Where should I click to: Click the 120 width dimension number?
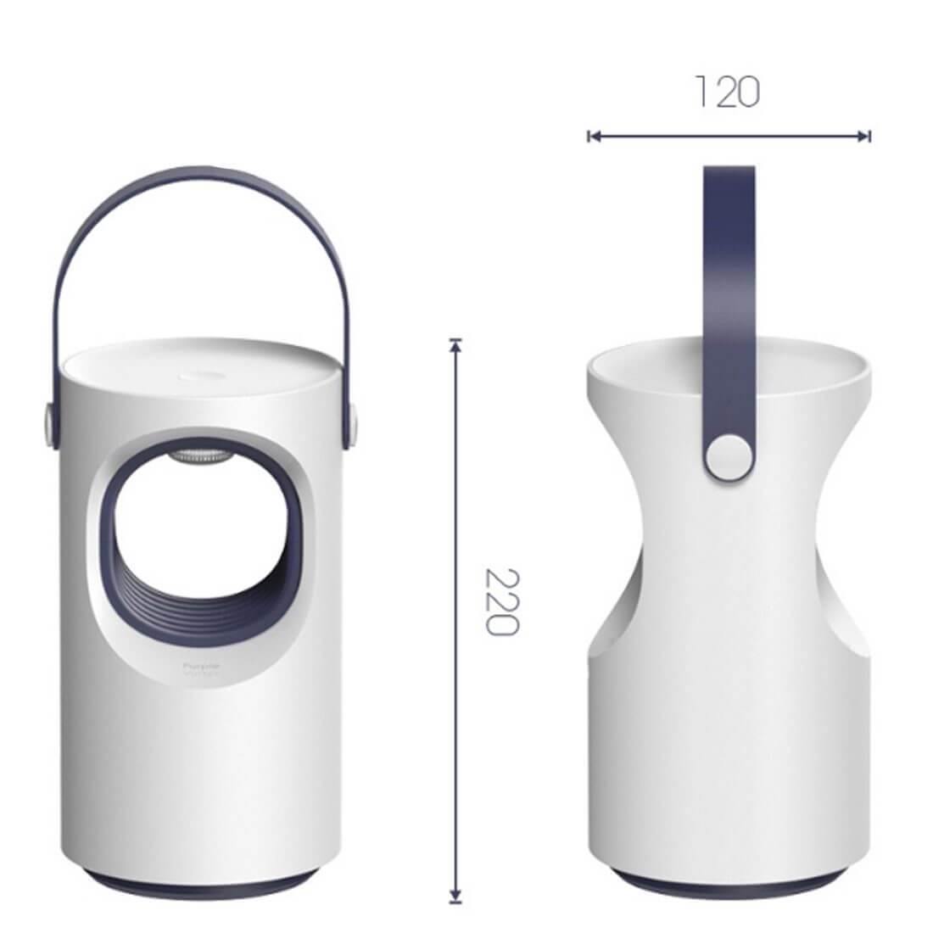pyautogui.click(x=727, y=92)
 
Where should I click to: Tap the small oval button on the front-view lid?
pyautogui.click(x=199, y=374)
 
